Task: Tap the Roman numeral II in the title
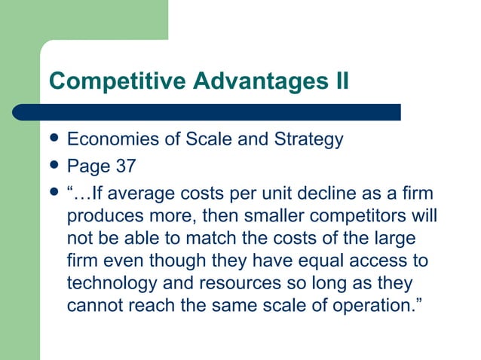click(339, 79)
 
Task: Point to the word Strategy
click(308, 139)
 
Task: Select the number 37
click(122, 166)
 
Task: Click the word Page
click(85, 166)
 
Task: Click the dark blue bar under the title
click(207, 112)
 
